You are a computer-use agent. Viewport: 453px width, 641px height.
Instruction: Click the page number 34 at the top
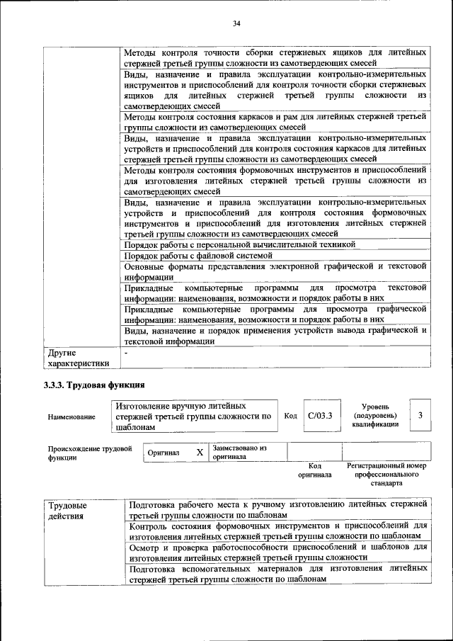237,23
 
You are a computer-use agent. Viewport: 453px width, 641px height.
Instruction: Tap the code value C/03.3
319,415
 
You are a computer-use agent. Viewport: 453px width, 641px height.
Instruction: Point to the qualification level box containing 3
420,415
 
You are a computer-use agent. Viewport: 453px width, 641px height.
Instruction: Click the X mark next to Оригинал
200,452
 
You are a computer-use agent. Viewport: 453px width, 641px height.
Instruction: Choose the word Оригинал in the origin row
164,453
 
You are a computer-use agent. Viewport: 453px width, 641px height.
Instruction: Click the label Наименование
71,417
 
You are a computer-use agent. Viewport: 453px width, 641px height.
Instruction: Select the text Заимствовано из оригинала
239,452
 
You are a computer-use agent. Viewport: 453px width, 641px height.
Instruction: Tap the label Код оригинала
315,470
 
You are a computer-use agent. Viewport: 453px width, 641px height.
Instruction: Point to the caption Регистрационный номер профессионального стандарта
386,475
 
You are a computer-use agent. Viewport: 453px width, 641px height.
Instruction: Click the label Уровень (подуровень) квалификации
374,415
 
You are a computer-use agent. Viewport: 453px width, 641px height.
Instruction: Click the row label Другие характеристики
78,358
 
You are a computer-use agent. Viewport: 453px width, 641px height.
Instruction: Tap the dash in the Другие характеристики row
126,352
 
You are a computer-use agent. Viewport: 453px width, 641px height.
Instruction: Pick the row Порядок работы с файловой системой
197,255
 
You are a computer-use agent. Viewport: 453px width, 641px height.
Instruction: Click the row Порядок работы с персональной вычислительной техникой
239,244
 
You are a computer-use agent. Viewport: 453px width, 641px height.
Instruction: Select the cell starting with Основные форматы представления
275,271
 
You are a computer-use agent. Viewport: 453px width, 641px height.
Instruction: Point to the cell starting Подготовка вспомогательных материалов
279,573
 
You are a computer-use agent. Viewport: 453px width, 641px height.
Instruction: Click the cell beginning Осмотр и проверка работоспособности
279,552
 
